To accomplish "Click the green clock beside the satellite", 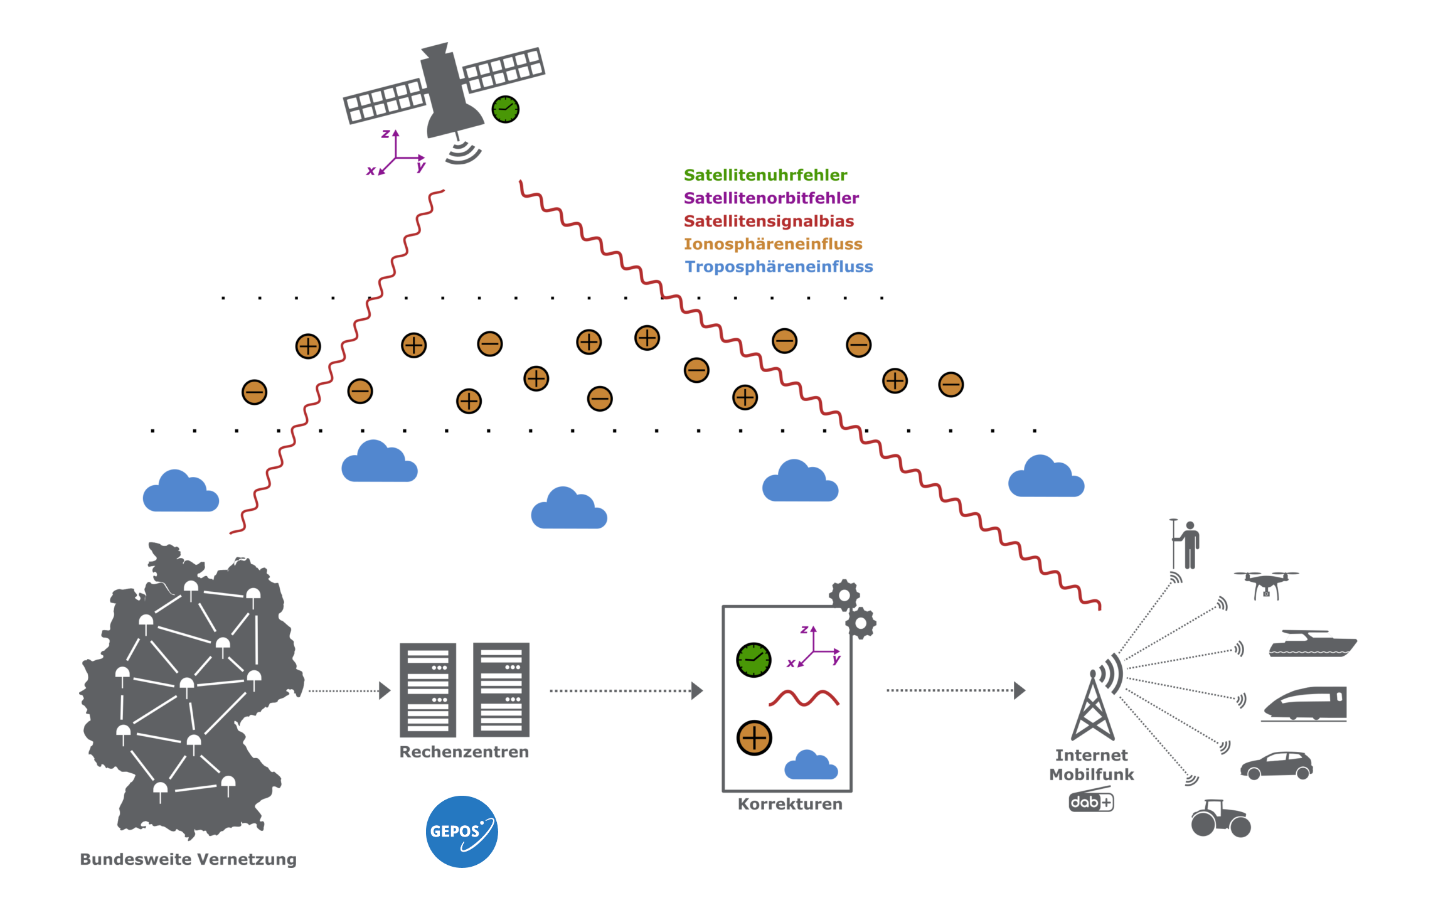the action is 505,110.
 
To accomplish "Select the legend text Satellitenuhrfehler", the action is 765,175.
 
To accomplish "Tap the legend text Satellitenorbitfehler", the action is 771,198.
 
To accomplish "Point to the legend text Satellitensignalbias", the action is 769,221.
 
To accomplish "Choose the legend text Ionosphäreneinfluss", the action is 773,244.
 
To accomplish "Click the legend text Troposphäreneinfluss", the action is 779,267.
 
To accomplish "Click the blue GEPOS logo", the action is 462,832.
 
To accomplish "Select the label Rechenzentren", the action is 464,752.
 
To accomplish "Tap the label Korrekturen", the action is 790,804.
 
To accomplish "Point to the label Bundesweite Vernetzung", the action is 188,859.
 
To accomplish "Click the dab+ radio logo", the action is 1091,800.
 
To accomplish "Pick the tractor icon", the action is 1221,818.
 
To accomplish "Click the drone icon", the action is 1266,584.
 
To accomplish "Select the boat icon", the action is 1313,644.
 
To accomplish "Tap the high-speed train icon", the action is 1305,704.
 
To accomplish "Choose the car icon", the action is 1276,766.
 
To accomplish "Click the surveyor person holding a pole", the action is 1185,544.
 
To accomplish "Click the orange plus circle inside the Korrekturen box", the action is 754,737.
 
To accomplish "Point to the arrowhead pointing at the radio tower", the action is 1020,690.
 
